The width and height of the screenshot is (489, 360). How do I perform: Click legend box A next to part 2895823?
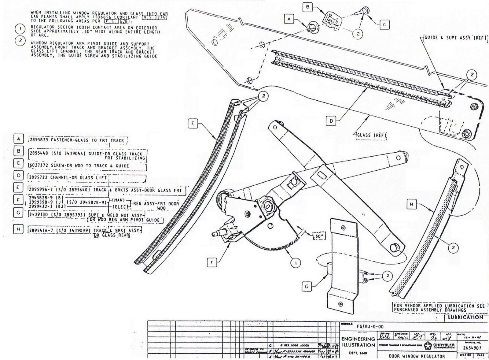[x=19, y=139]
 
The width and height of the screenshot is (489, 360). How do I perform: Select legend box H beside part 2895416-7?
[x=19, y=229]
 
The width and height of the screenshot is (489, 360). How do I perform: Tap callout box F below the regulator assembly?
[x=212, y=262]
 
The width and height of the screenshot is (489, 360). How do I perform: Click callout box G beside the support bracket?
[x=307, y=286]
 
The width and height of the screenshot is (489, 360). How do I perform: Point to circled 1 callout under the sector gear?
[x=295, y=263]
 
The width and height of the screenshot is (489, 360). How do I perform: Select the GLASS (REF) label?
[x=371, y=135]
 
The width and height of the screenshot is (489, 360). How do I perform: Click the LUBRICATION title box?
[x=465, y=317]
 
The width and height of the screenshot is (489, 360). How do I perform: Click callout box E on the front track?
[x=193, y=124]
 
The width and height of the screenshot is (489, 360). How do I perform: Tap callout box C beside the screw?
[x=384, y=24]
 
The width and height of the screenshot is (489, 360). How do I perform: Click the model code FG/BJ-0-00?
[x=370, y=326]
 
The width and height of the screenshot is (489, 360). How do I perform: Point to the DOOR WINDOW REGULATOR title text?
[x=417, y=356]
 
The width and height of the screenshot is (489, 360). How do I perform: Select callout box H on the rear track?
[x=412, y=204]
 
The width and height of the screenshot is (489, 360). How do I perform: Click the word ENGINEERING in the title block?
[x=358, y=339]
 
